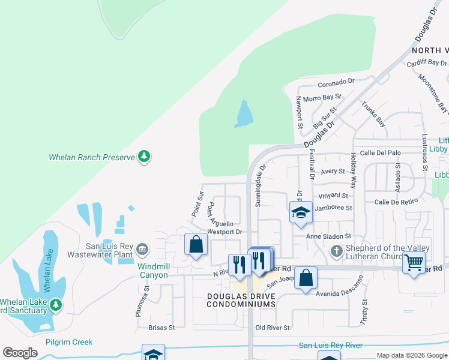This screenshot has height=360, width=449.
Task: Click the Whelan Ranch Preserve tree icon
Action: pos(144,157)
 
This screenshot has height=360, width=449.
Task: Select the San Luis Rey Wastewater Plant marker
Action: pos(142,248)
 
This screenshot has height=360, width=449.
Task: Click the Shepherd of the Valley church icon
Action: pos(337,250)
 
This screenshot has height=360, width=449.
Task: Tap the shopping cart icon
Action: pos(414,262)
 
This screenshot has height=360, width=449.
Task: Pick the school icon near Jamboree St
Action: pos(301,212)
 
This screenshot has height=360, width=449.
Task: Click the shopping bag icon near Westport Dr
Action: pos(196,244)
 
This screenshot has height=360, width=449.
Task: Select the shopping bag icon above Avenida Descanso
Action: pos(306,278)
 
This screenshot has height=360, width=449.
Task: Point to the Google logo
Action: pos(20,353)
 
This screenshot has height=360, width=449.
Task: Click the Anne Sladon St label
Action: pos(328,236)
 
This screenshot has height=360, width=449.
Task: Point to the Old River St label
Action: pos(273,328)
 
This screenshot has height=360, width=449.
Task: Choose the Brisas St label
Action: pos(161,328)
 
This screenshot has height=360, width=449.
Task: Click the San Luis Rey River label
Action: pos(331,345)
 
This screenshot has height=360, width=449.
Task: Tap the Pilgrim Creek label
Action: pos(69,342)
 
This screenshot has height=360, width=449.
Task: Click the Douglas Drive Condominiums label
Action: pos(241,300)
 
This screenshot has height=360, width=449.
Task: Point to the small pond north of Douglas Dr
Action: pos(243,114)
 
